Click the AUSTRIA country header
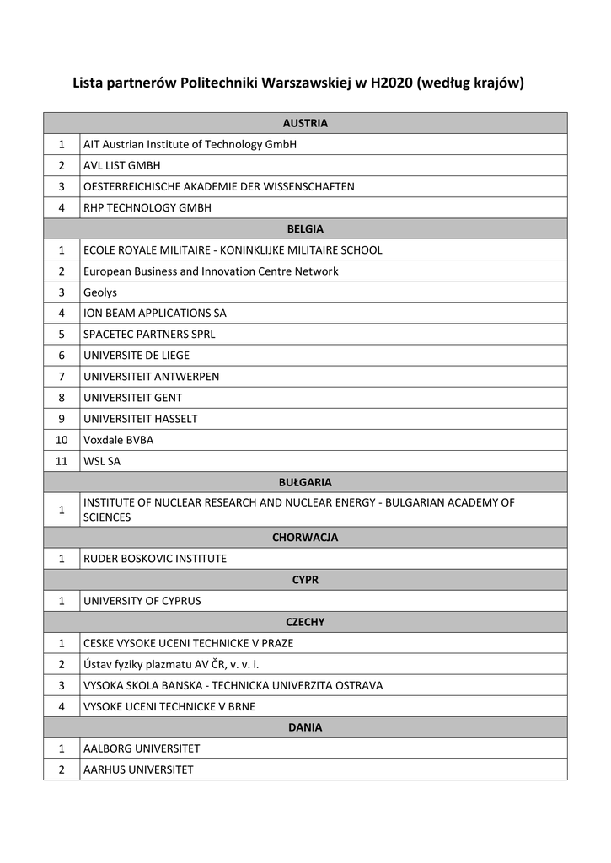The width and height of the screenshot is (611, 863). point(305,123)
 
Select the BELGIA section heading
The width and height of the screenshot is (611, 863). point(305,228)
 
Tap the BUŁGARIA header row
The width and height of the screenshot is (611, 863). point(305,482)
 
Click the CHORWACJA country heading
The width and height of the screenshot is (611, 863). point(305,537)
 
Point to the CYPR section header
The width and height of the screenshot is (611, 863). point(305,580)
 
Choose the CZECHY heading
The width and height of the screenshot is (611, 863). point(305,622)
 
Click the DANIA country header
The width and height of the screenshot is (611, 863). point(305,727)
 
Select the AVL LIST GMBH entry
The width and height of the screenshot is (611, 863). point(121,165)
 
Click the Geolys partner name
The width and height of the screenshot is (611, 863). point(99,292)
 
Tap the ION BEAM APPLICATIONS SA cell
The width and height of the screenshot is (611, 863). point(154,314)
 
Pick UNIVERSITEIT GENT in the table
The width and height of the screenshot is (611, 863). point(132,398)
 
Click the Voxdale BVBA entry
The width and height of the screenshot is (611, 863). point(118,440)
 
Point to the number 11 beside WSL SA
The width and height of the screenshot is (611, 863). point(62,461)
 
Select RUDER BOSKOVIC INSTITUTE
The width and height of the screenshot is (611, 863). point(154,558)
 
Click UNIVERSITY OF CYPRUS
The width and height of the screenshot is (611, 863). point(142,601)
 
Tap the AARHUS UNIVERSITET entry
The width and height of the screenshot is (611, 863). point(138,769)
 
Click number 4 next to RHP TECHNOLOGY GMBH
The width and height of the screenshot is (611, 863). point(62,207)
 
